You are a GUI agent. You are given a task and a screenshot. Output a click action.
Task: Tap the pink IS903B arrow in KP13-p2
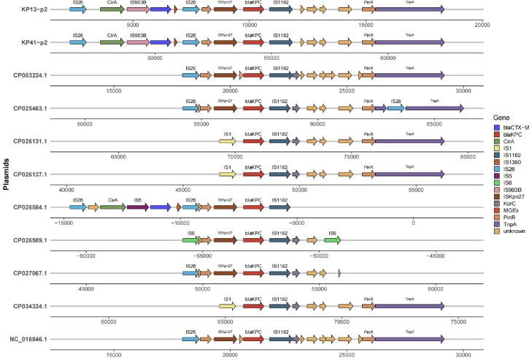(137, 9)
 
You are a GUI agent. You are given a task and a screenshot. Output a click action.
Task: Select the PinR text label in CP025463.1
(368, 101)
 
